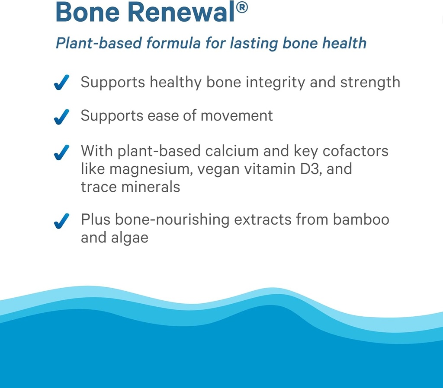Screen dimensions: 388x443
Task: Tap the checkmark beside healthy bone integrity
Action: click(62, 83)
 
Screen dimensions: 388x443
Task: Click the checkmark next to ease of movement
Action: click(62, 117)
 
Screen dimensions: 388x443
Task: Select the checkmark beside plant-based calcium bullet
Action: click(62, 152)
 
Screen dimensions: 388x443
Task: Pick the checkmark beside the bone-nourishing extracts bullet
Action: click(62, 221)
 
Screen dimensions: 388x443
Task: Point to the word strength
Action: click(370, 82)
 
